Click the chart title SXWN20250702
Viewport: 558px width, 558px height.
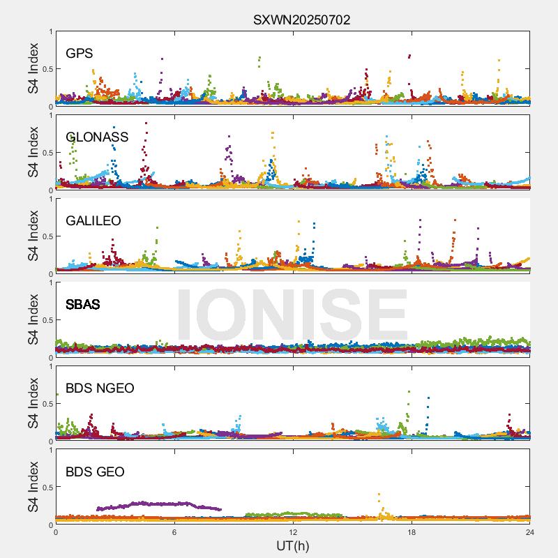coord(301,20)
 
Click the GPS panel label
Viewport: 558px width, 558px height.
coord(80,54)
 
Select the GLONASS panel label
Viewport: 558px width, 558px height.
coord(97,137)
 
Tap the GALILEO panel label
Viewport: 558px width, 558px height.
coord(93,221)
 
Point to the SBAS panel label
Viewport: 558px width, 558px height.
coord(83,305)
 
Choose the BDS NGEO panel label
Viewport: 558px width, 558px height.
coord(100,389)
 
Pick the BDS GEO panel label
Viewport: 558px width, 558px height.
coord(95,472)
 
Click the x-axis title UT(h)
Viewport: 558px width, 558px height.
coord(293,545)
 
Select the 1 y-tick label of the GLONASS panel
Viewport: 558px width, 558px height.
coord(50,115)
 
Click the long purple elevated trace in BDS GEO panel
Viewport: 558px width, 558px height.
coord(160,504)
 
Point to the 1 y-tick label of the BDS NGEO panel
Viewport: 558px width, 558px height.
coord(50,366)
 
